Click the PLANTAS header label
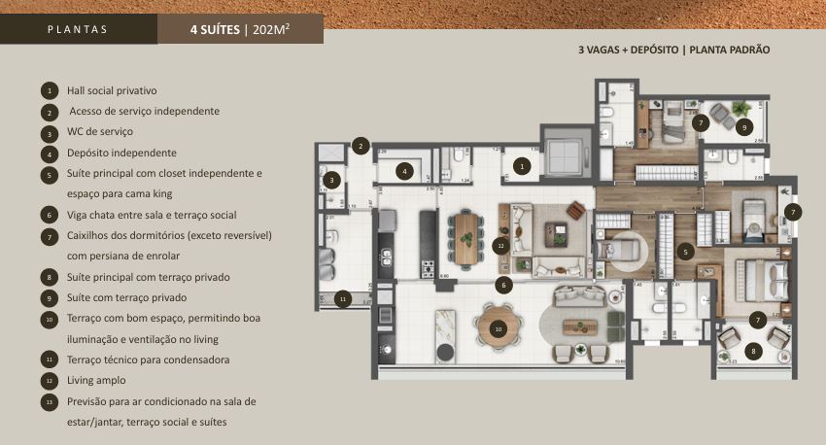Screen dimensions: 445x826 pyautogui.click(x=78, y=29)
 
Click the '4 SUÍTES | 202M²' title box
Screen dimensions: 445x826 pyautogui.click(x=240, y=29)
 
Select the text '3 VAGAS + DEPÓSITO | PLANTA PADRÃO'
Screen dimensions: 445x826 pyautogui.click(x=674, y=49)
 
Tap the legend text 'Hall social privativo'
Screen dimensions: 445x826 pyautogui.click(x=112, y=90)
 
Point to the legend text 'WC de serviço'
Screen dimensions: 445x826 pyautogui.click(x=100, y=131)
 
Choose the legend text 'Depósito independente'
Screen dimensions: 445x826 pyautogui.click(x=121, y=153)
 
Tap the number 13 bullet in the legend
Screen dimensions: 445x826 pyautogui.click(x=50, y=402)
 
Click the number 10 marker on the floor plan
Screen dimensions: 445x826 pyautogui.click(x=498, y=329)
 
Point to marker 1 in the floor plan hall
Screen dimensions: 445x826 pyautogui.click(x=522, y=167)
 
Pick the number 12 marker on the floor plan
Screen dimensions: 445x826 pyautogui.click(x=500, y=245)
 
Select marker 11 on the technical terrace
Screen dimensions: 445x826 pyautogui.click(x=342, y=299)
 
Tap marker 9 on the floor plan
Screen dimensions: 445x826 pyautogui.click(x=743, y=126)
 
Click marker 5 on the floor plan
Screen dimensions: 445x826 pyautogui.click(x=685, y=251)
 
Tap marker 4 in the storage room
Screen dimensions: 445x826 pyautogui.click(x=405, y=171)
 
